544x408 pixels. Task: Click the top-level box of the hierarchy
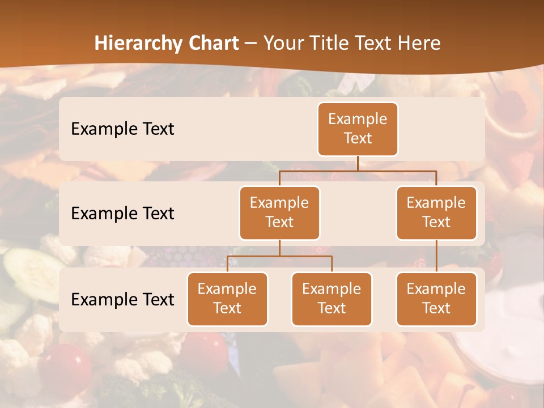[358, 129]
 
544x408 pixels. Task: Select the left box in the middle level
[279, 212]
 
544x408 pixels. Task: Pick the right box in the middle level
[436, 212]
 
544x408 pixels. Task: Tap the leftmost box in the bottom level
[227, 299]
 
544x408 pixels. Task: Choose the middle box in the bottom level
[331, 299]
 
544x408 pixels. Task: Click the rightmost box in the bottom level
[436, 299]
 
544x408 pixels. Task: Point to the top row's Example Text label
[122, 129]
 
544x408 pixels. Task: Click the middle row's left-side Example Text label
[122, 214]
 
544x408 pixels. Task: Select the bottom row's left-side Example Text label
[122, 299]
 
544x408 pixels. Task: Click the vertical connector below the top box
[358, 163]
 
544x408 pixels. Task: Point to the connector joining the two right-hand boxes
[436, 256]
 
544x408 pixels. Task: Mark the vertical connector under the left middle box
[279, 248]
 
